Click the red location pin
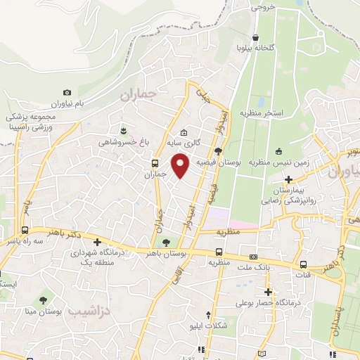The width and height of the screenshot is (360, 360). pyautogui.click(x=181, y=165)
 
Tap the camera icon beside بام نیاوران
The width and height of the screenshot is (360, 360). pyautogui.click(x=67, y=92)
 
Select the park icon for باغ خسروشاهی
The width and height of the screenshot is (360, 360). pyautogui.click(x=124, y=131)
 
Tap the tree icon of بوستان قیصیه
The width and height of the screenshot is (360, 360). pyautogui.click(x=219, y=150)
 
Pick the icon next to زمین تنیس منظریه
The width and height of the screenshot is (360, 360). pyautogui.click(x=278, y=150)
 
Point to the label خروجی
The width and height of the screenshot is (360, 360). pyautogui.click(x=259, y=8)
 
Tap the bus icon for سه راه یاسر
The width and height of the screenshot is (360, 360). pyautogui.click(x=25, y=230)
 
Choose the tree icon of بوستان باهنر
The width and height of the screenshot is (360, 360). pyautogui.click(x=165, y=243)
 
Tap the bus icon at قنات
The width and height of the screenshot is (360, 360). pyautogui.click(x=303, y=265)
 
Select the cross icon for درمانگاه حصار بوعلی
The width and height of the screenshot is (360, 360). pyautogui.click(x=267, y=292)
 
